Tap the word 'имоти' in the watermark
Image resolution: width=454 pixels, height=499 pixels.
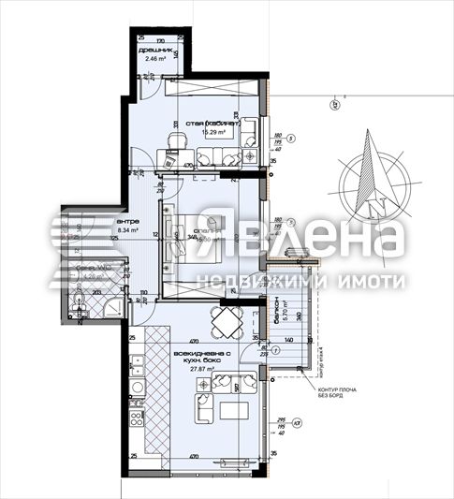click(x=374, y=281)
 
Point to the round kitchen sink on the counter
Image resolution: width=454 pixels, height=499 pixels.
click(x=137, y=385)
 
